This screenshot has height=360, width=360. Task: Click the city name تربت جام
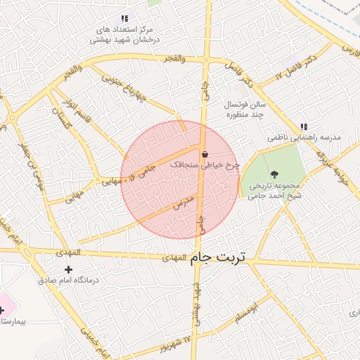tap(219, 257)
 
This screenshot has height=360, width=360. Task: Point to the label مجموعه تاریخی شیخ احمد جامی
tap(274, 192)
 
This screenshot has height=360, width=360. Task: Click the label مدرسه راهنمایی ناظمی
tap(304, 138)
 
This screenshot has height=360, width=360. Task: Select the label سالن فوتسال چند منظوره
tap(243, 109)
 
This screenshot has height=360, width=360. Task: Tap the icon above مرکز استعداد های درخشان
tap(124, 18)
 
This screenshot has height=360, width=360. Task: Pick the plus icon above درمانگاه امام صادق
tap(68, 269)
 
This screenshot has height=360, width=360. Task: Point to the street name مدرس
tap(183, 203)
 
